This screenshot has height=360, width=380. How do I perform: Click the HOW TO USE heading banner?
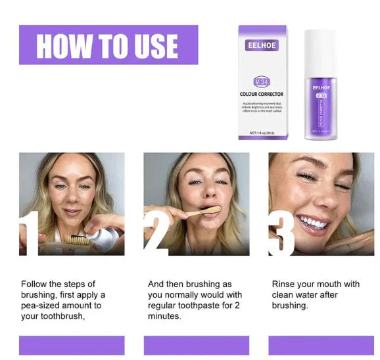[x=108, y=45]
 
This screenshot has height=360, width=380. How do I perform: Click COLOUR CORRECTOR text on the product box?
[x=261, y=94]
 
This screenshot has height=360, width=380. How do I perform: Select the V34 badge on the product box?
[x=261, y=81]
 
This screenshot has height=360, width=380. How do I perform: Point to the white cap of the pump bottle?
[x=321, y=52]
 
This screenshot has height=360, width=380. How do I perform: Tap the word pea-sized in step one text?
[x=41, y=305]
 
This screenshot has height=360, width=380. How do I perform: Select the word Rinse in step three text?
[x=284, y=284]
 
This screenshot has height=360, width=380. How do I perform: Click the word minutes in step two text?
[x=164, y=316]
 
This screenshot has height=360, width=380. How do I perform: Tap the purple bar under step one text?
[x=72, y=345]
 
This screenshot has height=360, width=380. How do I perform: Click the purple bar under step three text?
[x=321, y=345]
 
